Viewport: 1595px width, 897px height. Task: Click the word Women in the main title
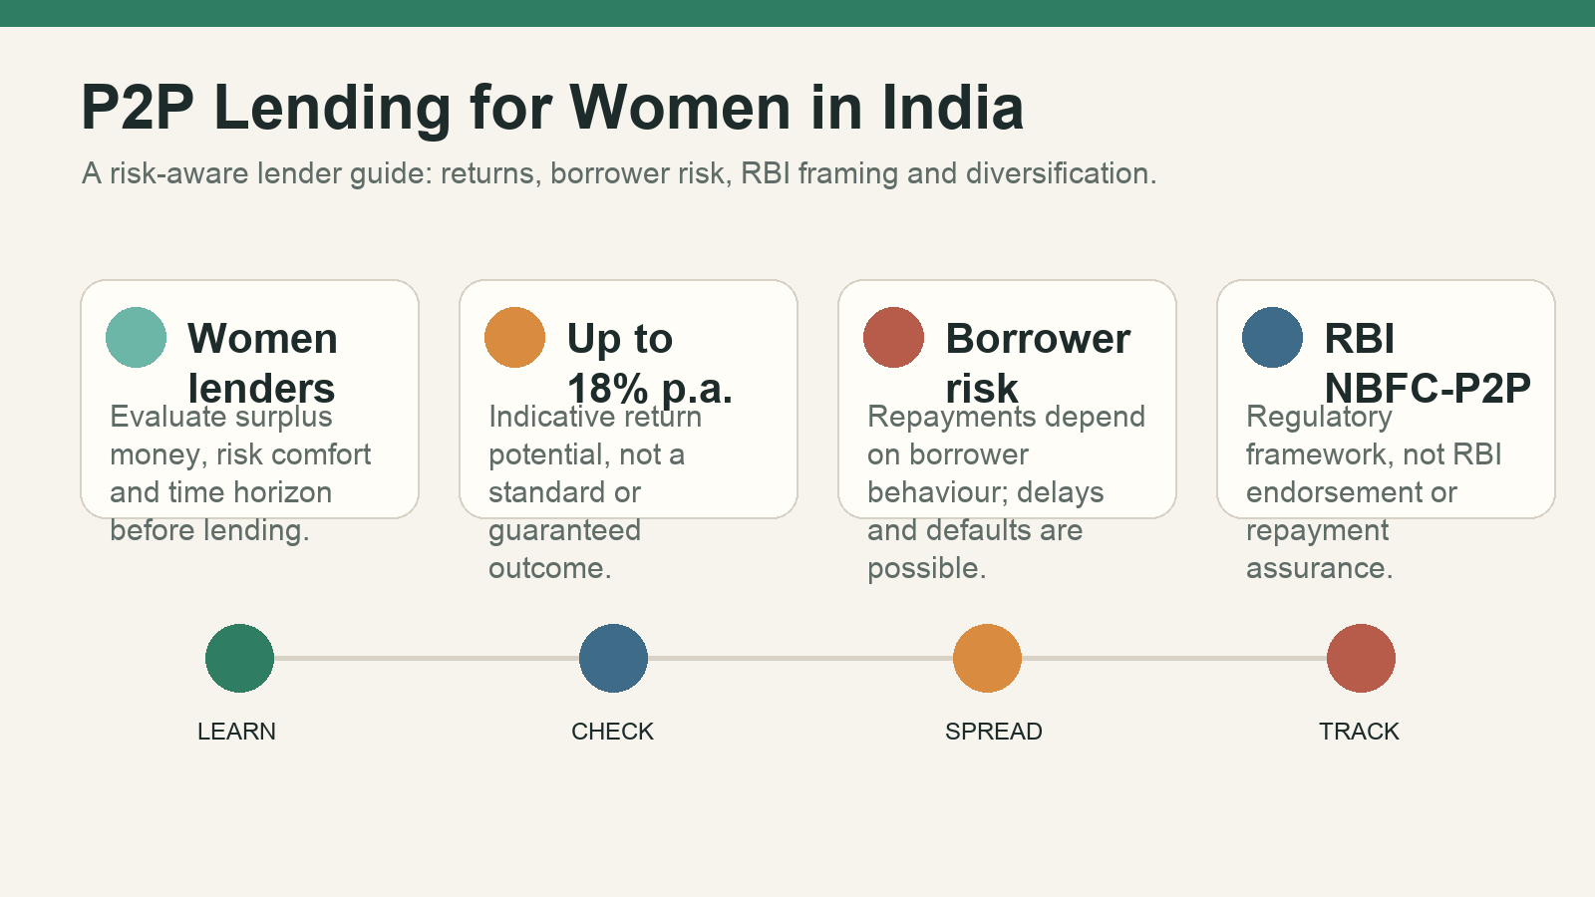point(680,108)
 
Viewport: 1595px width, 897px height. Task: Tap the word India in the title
point(953,108)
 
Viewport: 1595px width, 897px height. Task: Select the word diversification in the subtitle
point(1061,173)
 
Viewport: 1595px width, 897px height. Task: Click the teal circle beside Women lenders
point(136,338)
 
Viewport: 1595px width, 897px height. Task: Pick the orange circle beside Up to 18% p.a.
point(514,338)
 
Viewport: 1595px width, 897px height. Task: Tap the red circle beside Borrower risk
point(893,338)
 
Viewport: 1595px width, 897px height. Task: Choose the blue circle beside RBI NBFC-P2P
point(1272,338)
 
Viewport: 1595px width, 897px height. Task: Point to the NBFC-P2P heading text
point(1428,388)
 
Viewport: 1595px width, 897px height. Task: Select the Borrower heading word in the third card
point(1038,338)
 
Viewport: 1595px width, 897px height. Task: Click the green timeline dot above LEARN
point(239,659)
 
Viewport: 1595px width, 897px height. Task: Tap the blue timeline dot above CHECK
point(613,659)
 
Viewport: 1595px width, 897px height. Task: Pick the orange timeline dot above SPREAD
point(987,659)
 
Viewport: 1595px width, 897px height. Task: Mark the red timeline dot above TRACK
point(1361,659)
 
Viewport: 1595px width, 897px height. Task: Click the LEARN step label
point(236,732)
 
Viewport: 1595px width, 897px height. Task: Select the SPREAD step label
point(993,732)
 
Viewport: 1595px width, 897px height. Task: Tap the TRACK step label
point(1359,732)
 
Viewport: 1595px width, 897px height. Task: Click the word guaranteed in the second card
point(564,531)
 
